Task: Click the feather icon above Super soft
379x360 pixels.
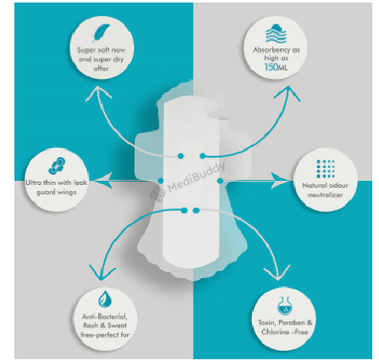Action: point(101,33)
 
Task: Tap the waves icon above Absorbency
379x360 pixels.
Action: point(276,34)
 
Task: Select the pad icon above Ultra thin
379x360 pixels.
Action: point(58,165)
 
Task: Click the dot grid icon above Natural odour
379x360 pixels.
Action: point(326,169)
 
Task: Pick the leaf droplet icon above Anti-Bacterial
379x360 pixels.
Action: point(105,299)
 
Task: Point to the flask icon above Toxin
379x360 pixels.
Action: point(284,306)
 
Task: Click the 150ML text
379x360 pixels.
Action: point(276,67)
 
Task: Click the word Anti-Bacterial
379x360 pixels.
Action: point(105,317)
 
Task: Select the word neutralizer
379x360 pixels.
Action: point(325,194)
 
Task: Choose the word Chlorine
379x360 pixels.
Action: point(275,331)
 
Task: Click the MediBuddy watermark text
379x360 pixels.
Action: point(196,177)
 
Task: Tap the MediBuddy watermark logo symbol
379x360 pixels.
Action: point(157,194)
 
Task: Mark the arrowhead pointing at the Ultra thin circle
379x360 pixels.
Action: point(102,181)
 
